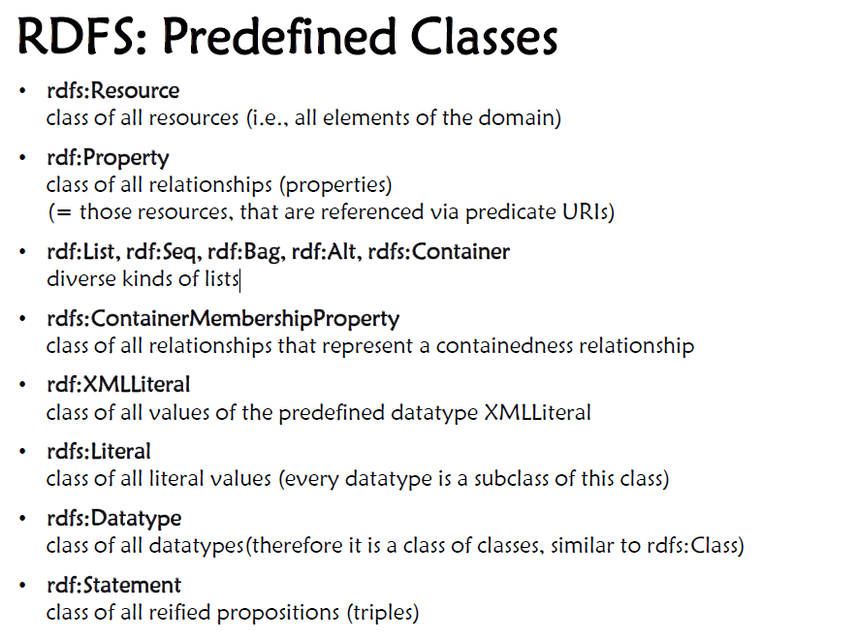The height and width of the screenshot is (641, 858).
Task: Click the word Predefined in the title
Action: tap(278, 37)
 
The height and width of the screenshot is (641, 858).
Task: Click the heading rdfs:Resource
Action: tap(113, 90)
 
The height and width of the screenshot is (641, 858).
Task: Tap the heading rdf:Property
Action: tap(108, 158)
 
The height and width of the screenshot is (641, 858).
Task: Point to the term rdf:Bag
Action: tap(245, 252)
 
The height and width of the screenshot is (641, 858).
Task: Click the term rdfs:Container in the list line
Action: tap(439, 252)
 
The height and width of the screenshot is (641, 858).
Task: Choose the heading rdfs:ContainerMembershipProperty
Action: tap(223, 319)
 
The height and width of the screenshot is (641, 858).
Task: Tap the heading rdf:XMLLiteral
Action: tap(118, 385)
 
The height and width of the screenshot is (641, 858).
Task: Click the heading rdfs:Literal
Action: tap(99, 452)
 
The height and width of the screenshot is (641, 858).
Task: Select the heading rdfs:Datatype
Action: tap(113, 519)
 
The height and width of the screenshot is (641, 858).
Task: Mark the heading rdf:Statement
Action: tap(113, 585)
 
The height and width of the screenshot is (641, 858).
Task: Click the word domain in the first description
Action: tap(521, 118)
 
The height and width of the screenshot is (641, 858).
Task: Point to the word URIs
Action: tap(588, 212)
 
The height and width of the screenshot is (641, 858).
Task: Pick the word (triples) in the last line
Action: tap(383, 613)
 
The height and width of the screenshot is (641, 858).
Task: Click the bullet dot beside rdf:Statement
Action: tap(22, 586)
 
